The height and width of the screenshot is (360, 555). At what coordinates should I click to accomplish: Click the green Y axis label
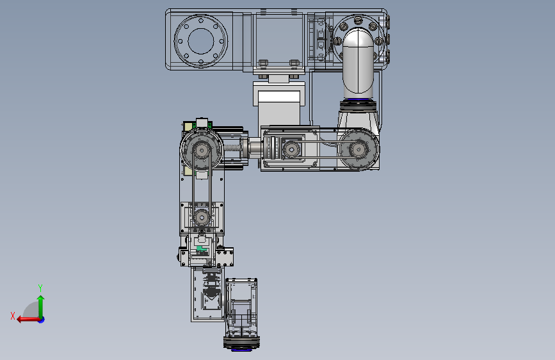[x=40, y=288]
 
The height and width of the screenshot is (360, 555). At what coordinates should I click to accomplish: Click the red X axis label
[x=13, y=316]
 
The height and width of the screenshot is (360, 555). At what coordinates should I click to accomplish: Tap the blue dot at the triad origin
[x=42, y=320]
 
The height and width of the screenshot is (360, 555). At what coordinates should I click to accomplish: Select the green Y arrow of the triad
[x=41, y=307]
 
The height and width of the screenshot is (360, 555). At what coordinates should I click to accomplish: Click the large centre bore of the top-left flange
[x=201, y=41]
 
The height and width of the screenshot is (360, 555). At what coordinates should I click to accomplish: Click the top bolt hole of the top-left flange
[x=201, y=20]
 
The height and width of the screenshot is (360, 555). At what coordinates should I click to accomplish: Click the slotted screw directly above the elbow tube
[x=358, y=20]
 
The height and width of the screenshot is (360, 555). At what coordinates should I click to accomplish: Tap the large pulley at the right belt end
[x=358, y=149]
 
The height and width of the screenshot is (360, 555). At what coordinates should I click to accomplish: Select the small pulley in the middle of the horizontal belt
[x=291, y=149]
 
